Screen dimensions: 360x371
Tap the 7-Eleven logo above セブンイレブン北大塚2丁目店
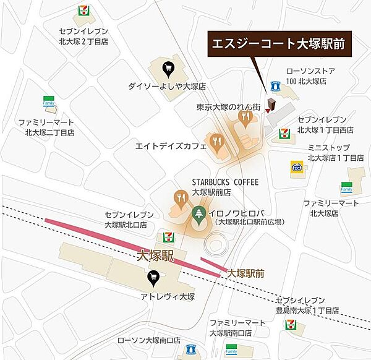click(84, 11)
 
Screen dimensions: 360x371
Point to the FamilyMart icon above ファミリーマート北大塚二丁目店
click(48, 102)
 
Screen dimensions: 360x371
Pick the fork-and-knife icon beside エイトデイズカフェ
click(216, 141)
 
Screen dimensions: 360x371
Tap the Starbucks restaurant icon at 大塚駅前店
click(181, 198)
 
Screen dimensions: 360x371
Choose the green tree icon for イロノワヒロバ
click(198, 216)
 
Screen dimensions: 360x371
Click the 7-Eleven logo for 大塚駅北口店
click(166, 236)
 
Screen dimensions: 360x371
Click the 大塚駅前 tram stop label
click(246, 272)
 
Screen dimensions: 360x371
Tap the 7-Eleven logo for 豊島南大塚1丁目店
click(290, 324)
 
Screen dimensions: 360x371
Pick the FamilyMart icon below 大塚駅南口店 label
click(231, 350)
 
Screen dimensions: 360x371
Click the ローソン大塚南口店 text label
click(149, 340)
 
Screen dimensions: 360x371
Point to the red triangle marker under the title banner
click(267, 109)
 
